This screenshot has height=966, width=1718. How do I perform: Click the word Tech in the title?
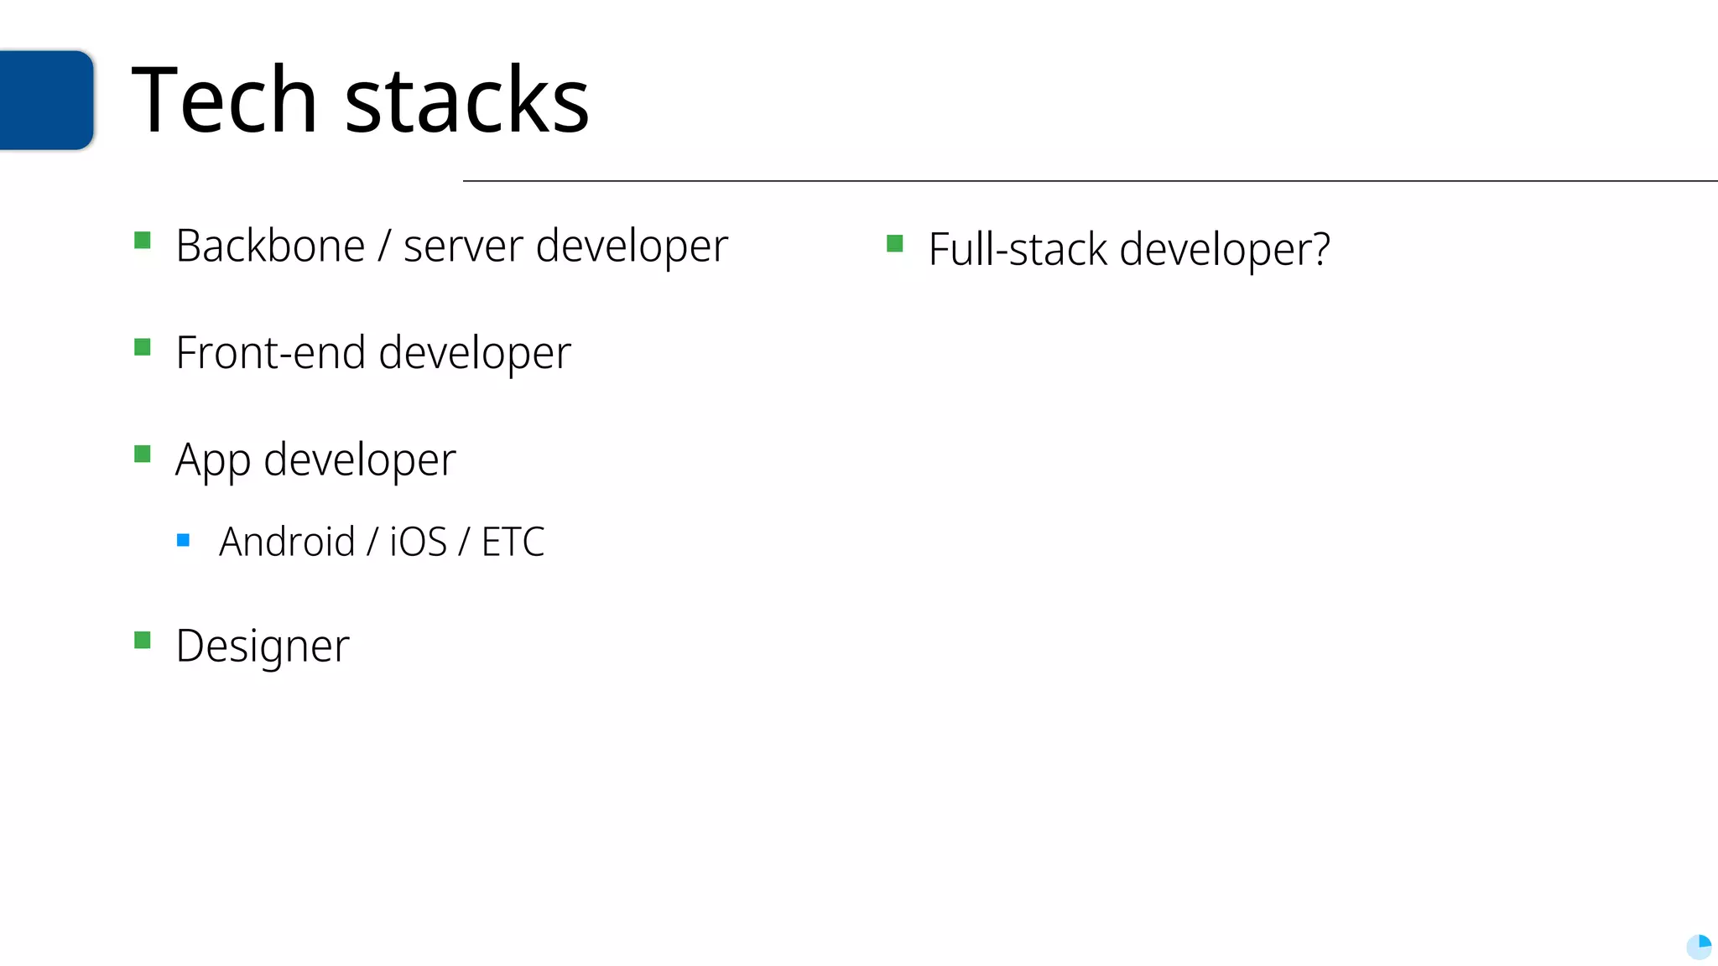[x=224, y=101]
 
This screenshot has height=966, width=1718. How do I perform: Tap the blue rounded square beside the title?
[x=46, y=100]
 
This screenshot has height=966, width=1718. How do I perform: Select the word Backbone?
[x=270, y=247]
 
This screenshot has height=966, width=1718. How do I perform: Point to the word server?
[x=463, y=247]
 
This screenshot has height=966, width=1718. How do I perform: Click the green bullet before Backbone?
[x=143, y=241]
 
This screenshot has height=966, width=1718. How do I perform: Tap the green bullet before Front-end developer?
[x=143, y=347]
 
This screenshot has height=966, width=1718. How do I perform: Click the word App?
[x=212, y=460]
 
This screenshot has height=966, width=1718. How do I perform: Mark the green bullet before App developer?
[x=143, y=454]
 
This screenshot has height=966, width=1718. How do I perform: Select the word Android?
[x=287, y=542]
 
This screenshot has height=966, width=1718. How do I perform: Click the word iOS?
[x=418, y=542]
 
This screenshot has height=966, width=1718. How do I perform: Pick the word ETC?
[x=513, y=542]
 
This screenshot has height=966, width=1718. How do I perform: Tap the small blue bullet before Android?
[x=184, y=540]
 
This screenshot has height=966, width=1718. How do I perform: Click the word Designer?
[x=263, y=647]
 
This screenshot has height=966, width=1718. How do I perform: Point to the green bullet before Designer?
[x=143, y=641]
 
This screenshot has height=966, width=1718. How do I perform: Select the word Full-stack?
[x=1018, y=250]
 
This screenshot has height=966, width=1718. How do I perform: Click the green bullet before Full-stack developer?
[x=895, y=244]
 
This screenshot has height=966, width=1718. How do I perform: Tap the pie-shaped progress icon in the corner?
[x=1699, y=947]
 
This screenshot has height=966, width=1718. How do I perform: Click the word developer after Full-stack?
[x=1225, y=250]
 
